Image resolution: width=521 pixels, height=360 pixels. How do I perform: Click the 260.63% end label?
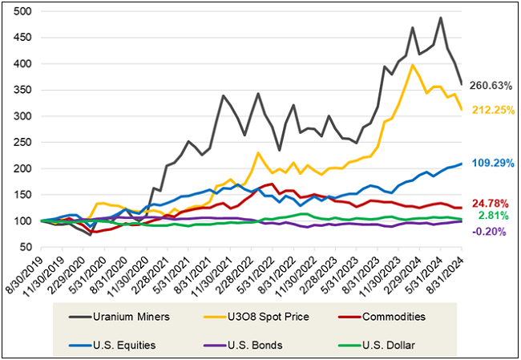(491, 86)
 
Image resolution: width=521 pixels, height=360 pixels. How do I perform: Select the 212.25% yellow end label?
(491, 111)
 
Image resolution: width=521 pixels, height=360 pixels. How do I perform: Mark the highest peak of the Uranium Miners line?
(440, 18)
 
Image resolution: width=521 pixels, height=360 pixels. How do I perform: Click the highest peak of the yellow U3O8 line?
(412, 65)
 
